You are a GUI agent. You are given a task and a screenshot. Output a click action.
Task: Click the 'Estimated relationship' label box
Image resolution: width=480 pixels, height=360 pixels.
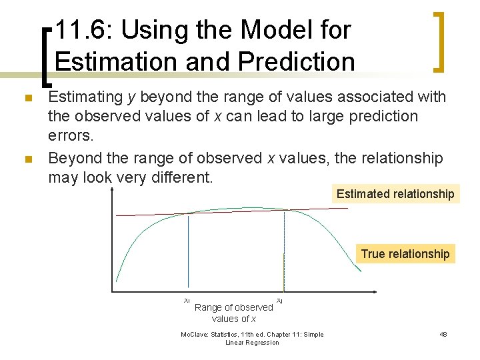click(395, 194)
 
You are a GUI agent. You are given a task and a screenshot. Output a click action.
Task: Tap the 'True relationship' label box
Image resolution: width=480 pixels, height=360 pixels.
click(405, 254)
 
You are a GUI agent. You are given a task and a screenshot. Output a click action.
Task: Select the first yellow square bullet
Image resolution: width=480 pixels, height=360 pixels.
click(27, 99)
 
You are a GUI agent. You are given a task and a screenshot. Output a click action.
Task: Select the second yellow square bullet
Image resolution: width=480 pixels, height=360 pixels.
click(27, 159)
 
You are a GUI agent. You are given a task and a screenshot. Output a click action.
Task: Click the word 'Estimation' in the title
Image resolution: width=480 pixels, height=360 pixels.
click(107, 61)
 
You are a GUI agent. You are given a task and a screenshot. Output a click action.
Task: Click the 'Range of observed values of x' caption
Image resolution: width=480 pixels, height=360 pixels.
click(233, 313)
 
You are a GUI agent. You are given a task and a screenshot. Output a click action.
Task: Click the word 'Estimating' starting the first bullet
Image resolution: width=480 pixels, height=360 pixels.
click(86, 97)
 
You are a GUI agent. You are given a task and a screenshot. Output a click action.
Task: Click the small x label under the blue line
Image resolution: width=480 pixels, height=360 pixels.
click(187, 301)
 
